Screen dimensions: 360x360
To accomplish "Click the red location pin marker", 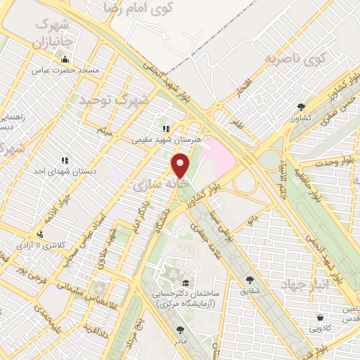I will click(181, 165).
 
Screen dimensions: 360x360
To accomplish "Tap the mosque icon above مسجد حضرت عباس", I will click(65, 60).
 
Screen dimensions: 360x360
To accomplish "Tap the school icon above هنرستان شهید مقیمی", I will click(166, 129).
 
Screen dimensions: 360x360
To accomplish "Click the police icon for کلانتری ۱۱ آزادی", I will click(41, 234).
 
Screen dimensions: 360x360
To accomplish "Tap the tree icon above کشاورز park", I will click(302, 107).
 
